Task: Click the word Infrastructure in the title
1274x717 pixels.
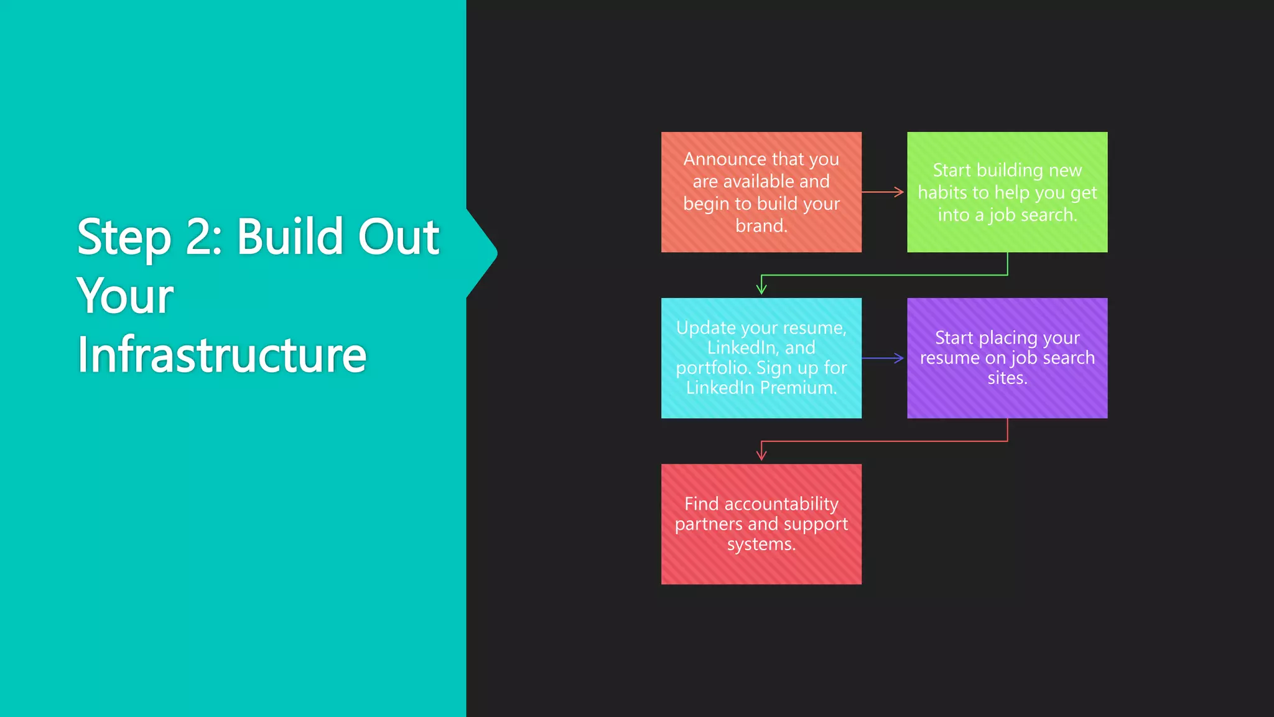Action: pyautogui.click(x=221, y=354)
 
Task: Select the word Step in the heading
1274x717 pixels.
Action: pyautogui.click(x=123, y=238)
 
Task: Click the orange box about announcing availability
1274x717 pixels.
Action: pyautogui.click(x=761, y=192)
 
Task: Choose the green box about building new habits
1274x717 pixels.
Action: pyautogui.click(x=1007, y=192)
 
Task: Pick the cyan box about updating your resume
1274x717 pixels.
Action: pyautogui.click(x=761, y=358)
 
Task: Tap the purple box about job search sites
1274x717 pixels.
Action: pyautogui.click(x=1007, y=358)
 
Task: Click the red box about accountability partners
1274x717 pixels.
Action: pyautogui.click(x=761, y=523)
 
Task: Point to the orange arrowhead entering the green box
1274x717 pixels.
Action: pyautogui.click(x=899, y=192)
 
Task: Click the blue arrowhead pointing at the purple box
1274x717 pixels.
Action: pyautogui.click(x=899, y=358)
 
